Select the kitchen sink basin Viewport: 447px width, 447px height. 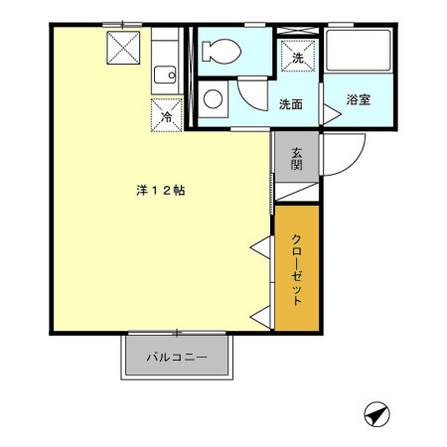164,73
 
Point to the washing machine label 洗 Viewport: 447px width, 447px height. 299,58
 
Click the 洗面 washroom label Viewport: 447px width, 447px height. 291,103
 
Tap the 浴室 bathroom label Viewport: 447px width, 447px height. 359,100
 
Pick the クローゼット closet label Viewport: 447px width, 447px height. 297,268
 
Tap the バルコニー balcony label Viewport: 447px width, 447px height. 177,357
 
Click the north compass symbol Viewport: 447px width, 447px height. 375,414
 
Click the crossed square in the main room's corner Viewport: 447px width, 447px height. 125,46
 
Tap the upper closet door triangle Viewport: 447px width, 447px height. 261,246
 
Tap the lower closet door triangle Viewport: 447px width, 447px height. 261,316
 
